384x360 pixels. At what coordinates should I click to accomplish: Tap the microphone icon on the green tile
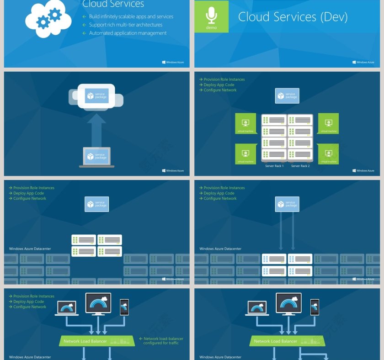coord(211,15)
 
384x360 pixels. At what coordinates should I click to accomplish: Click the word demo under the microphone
coord(211,27)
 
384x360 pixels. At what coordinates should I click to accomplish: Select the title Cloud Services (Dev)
coord(293,17)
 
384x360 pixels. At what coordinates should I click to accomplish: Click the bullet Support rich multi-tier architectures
coord(125,25)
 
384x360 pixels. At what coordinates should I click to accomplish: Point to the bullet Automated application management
coord(128,33)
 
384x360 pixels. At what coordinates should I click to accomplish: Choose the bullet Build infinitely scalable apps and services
coord(131,16)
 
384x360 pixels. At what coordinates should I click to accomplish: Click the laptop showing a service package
coord(96,157)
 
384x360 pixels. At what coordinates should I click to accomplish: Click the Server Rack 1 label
coord(274,166)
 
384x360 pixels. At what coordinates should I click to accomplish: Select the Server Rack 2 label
coord(300,166)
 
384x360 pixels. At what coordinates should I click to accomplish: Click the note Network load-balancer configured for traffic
coord(163,341)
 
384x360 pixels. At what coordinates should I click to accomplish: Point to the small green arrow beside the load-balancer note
coord(141,339)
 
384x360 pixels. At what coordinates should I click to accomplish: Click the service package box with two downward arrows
coord(287,204)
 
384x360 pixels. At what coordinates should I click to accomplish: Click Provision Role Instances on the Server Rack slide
coord(224,79)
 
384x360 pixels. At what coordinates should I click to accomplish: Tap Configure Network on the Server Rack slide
coord(220,90)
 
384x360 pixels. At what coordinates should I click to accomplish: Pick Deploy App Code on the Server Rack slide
coord(219,85)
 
